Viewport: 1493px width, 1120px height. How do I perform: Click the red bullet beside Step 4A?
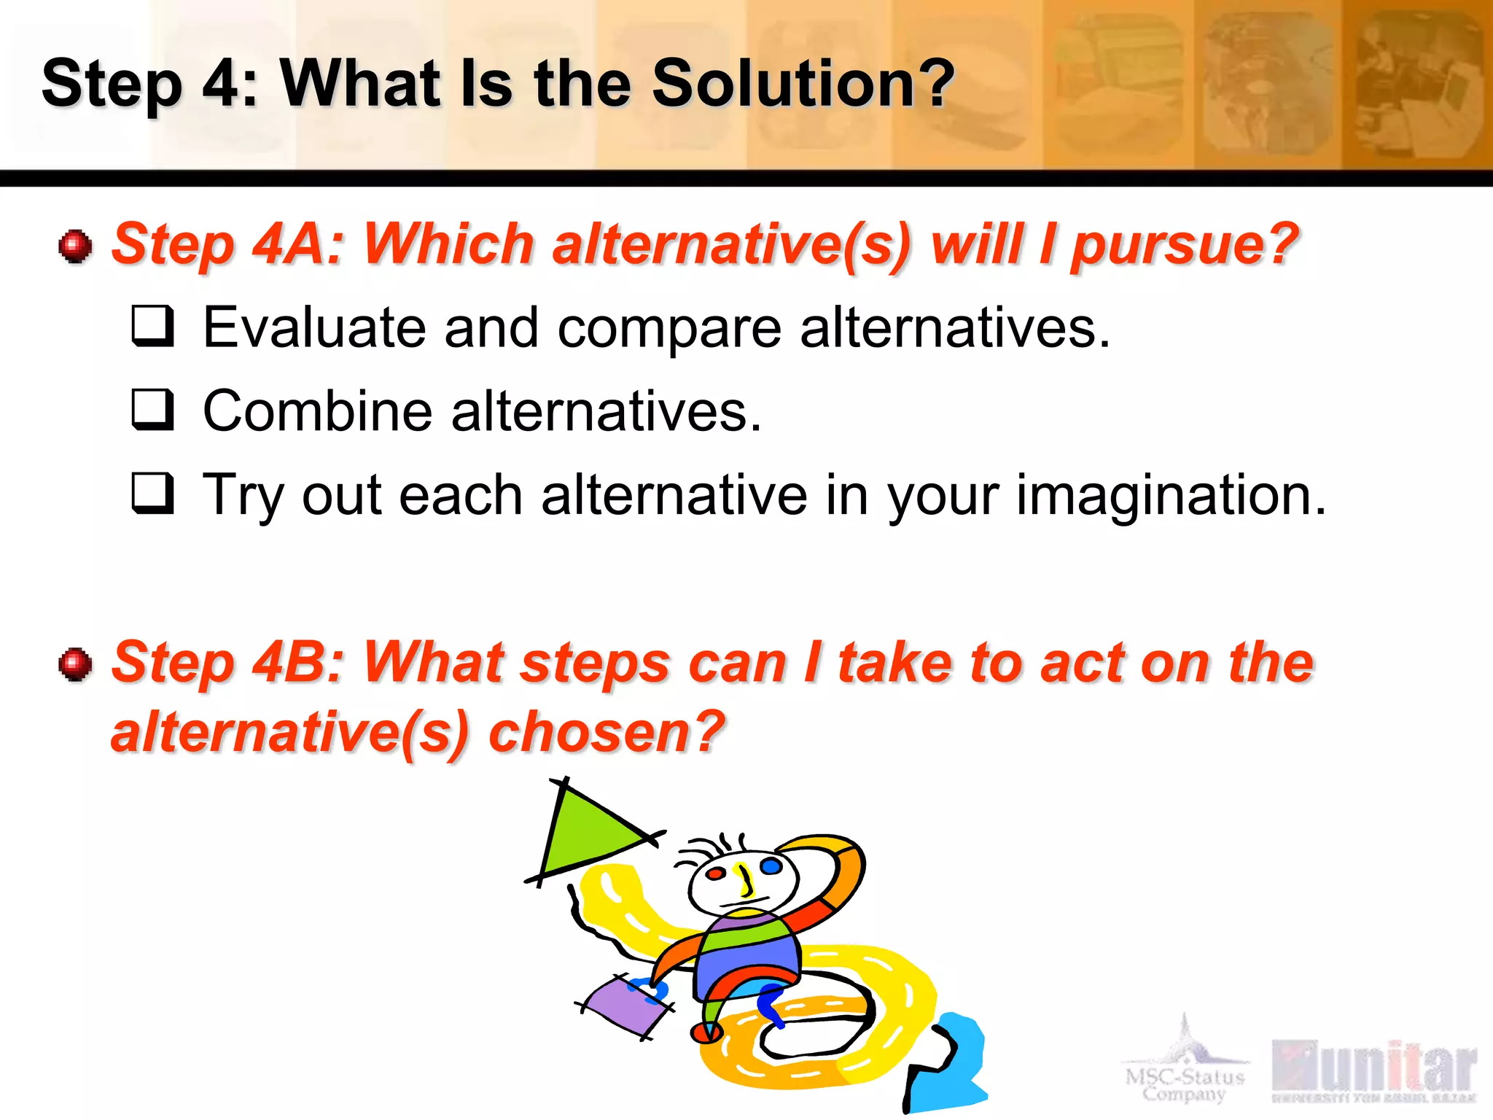[x=75, y=246]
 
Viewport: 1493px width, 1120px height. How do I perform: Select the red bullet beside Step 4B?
[x=75, y=664]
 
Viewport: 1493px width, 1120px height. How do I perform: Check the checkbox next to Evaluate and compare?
[x=153, y=326]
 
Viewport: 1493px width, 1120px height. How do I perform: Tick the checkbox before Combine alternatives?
[x=153, y=410]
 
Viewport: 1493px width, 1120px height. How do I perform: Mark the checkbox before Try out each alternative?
[x=153, y=494]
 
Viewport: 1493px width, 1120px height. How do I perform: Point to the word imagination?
[x=1171, y=495]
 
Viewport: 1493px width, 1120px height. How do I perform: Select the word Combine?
[x=317, y=411]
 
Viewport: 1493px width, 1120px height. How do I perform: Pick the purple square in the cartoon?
[x=627, y=1007]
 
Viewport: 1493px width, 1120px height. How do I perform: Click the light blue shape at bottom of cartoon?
[x=951, y=1065]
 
